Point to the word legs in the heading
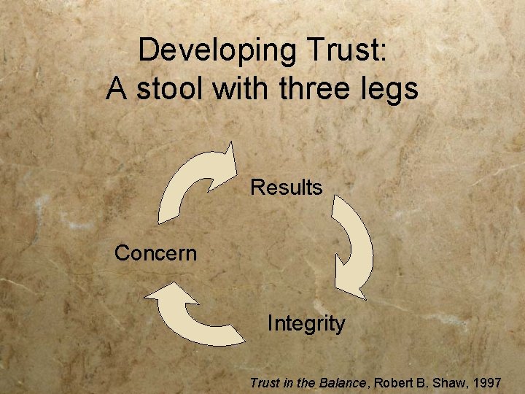coord(392,89)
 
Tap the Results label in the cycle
coord(286,188)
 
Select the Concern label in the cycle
coord(155,253)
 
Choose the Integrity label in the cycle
coord(306,322)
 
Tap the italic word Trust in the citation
coord(262,382)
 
